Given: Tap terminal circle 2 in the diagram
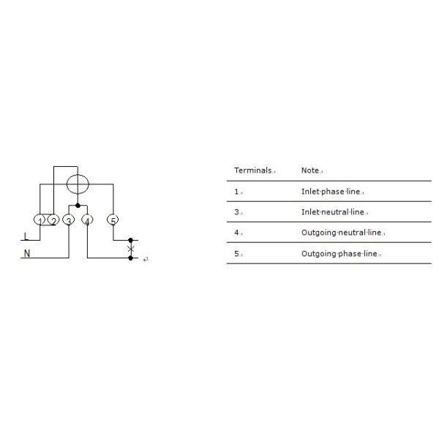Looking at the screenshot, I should [53, 220].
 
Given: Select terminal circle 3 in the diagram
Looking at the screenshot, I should [69, 220].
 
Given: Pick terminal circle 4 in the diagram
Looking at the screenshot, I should [87, 220].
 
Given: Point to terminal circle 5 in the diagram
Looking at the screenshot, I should [113, 220].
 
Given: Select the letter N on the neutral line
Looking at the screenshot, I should [27, 255].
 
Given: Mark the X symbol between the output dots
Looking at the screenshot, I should [131, 249].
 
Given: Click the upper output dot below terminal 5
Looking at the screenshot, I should [131, 240].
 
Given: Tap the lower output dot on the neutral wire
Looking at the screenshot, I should [131, 258].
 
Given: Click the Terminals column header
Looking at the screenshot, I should [253, 170].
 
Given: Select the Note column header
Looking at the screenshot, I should [310, 170].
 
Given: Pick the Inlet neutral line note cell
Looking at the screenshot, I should [333, 212].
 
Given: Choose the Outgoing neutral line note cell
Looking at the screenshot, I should [341, 233].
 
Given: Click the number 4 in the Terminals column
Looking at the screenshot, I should [236, 233].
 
